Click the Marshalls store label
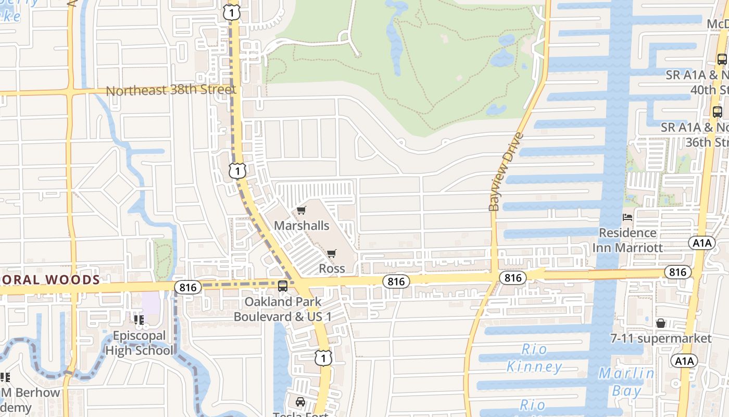pyautogui.click(x=301, y=225)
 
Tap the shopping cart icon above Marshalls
pyautogui.click(x=301, y=211)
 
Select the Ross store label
pyautogui.click(x=332, y=268)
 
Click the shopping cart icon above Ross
pyautogui.click(x=331, y=254)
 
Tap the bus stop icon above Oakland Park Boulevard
pyautogui.click(x=283, y=286)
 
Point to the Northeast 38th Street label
pyautogui.click(x=171, y=90)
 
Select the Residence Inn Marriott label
pyautogui.click(x=627, y=240)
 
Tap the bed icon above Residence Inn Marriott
pyautogui.click(x=627, y=217)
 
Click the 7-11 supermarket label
pyautogui.click(x=660, y=338)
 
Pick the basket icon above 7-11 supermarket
pyautogui.click(x=661, y=323)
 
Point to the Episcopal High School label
pyautogui.click(x=139, y=342)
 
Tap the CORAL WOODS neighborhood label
pyautogui.click(x=52, y=280)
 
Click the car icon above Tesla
pyautogui.click(x=300, y=402)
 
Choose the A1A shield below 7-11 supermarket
pyautogui.click(x=684, y=361)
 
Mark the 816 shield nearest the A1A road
pyautogui.click(x=677, y=272)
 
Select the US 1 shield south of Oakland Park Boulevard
pyautogui.click(x=323, y=358)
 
